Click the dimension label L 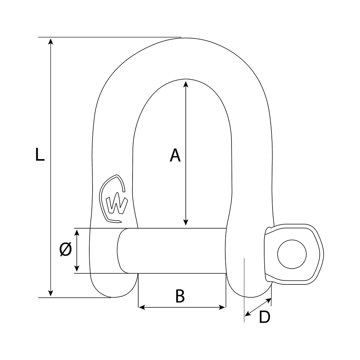[40, 154]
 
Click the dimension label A [175, 156]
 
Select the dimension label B [180, 296]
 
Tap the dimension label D [265, 317]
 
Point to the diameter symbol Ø [65, 249]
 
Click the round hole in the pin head [292, 254]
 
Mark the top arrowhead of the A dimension [185, 84]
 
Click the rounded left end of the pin [121, 251]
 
